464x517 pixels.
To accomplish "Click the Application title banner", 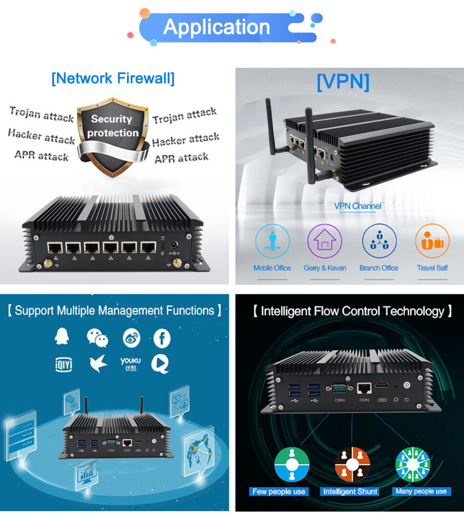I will point(217,27).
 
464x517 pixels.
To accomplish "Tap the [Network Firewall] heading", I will point(113,78).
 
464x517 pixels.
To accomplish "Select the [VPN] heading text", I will point(343,81).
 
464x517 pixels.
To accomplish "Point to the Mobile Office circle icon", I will point(272,241).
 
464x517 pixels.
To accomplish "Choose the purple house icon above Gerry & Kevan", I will point(325,241).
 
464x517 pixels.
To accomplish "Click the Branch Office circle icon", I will point(379,241).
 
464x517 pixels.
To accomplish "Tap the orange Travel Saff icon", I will point(432,241).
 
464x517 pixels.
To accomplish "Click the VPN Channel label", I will point(358,206).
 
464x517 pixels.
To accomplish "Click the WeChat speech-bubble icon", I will point(97,338).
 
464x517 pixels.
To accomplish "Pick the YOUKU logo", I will point(130,363).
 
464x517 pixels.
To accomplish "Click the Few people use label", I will point(279,492).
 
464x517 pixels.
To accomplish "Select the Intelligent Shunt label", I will point(350,492).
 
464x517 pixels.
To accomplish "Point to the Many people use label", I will point(421,492).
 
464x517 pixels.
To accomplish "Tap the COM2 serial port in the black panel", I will point(339,390).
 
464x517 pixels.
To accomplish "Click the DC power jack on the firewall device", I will point(173,245).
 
